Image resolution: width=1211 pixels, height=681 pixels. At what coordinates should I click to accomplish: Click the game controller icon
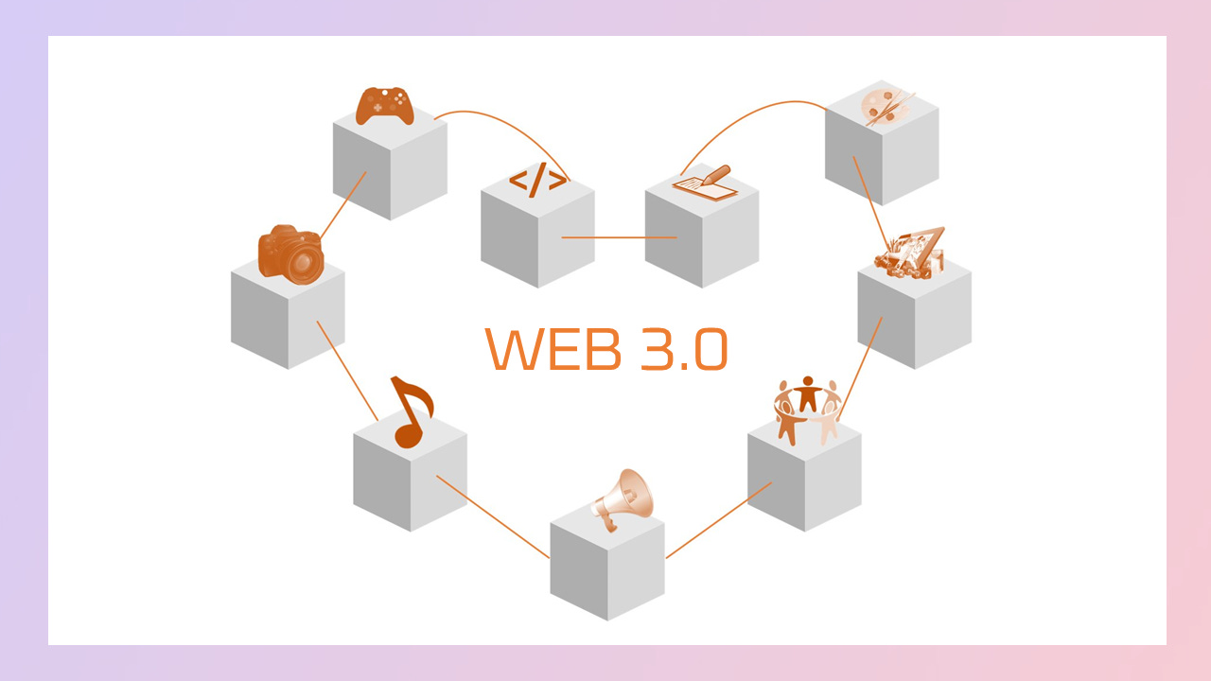384,106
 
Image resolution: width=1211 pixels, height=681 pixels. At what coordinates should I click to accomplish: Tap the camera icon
290,254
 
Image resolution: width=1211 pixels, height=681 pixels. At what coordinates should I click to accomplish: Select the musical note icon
411,410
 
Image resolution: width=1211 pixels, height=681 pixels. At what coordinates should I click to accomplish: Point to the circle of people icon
806,409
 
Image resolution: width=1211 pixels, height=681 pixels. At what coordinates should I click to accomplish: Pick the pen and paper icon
705,183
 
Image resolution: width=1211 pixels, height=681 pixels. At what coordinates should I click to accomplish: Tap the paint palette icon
886,105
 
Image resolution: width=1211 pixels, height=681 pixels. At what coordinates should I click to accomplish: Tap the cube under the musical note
410,478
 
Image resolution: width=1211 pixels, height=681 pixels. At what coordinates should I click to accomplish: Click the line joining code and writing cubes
619,237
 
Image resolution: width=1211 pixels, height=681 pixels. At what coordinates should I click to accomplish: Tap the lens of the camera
305,262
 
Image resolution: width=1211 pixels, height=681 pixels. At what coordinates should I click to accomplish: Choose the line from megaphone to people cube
719,519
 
